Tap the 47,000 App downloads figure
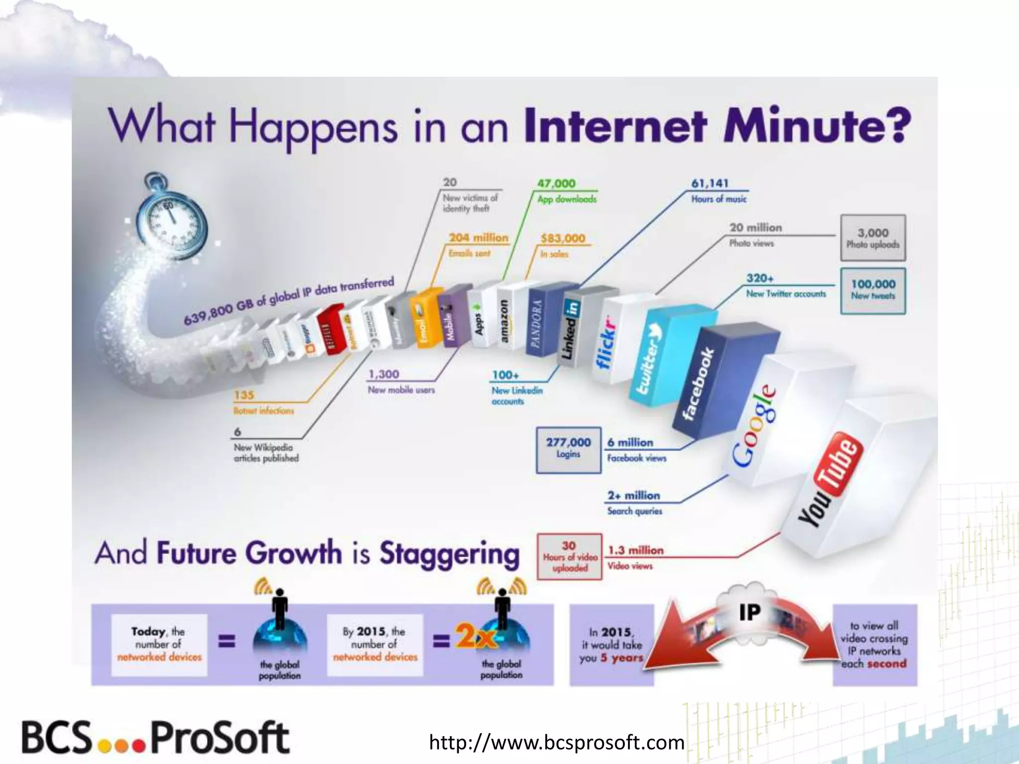[x=556, y=184]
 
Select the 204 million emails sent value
[x=479, y=238]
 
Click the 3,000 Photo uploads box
[x=873, y=238]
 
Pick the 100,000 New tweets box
[x=873, y=290]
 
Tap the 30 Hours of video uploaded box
[x=569, y=557]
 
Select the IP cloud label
[x=749, y=612]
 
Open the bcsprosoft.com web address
[x=556, y=743]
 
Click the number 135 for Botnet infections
[x=244, y=395]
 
